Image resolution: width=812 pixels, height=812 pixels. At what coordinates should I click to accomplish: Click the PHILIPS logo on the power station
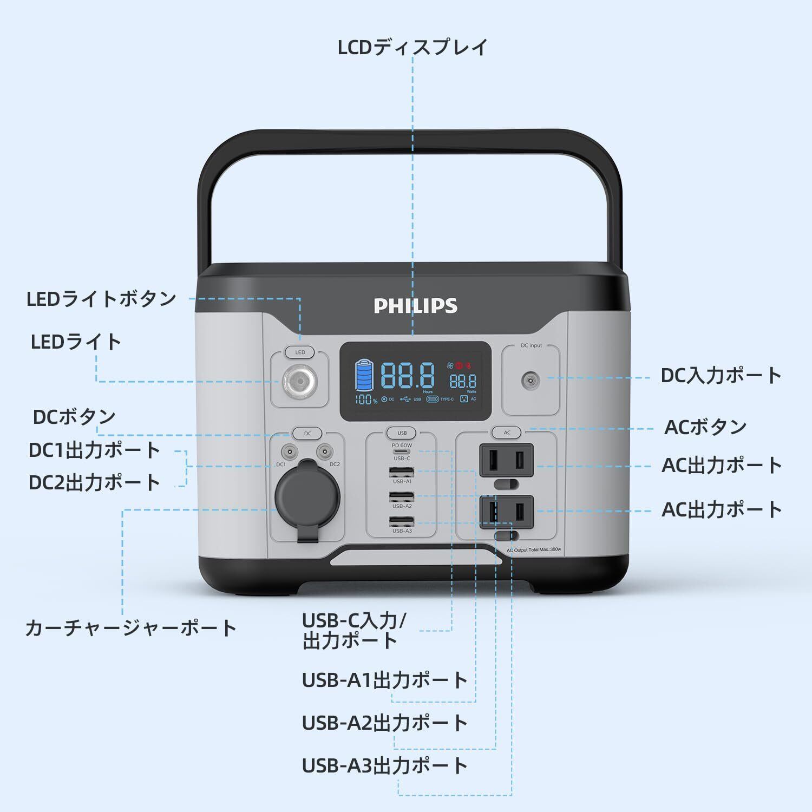(415, 306)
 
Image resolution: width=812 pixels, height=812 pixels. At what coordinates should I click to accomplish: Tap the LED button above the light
(300, 352)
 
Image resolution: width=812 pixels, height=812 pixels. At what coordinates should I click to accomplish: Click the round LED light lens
(299, 381)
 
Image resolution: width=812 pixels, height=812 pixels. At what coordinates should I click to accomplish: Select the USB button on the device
(402, 433)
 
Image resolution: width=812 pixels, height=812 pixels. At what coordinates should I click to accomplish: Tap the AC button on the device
(507, 433)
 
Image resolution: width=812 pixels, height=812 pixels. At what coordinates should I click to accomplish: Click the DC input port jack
(530, 381)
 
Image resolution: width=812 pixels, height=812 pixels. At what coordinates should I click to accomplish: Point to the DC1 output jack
(289, 451)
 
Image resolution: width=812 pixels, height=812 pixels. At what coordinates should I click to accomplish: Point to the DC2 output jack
(324, 451)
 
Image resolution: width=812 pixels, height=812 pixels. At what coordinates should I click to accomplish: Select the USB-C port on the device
(402, 451)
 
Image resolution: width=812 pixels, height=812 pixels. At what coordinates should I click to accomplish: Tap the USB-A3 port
(402, 522)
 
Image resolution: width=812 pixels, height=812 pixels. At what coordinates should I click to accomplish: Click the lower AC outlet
(506, 511)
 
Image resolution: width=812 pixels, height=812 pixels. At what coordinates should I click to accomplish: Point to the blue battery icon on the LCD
(364, 375)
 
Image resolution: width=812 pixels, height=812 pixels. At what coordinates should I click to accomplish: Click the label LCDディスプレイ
(412, 48)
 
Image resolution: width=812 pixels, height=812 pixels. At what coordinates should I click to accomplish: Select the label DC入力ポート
(721, 375)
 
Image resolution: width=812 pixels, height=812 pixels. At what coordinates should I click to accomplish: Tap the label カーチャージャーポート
(131, 628)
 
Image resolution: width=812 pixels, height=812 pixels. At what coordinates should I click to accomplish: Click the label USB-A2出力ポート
(384, 723)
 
